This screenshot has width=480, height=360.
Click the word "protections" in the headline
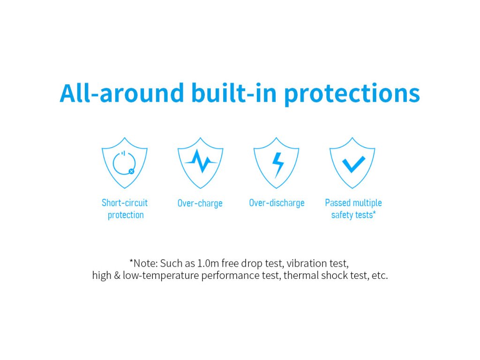pos(352,94)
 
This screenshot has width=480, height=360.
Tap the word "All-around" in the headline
pos(121,92)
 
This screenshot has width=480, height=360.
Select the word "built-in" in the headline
pos(234,92)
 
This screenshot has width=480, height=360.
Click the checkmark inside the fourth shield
pos(353,165)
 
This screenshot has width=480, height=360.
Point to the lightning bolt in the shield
pos(278,165)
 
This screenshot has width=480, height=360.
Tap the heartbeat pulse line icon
pos(201,161)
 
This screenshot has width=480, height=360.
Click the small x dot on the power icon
pos(131,171)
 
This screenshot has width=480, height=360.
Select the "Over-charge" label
pos(200,203)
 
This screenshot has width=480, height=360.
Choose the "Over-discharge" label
pos(277,203)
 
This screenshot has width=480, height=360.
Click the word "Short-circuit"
pos(125,202)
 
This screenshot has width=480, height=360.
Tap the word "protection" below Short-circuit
pos(126,215)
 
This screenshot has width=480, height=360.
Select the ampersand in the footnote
pos(117,276)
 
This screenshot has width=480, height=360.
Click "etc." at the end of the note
pos(380,276)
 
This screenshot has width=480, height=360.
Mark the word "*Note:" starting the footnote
pos(143,263)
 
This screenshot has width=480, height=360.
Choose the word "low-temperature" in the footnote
pos(161,276)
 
